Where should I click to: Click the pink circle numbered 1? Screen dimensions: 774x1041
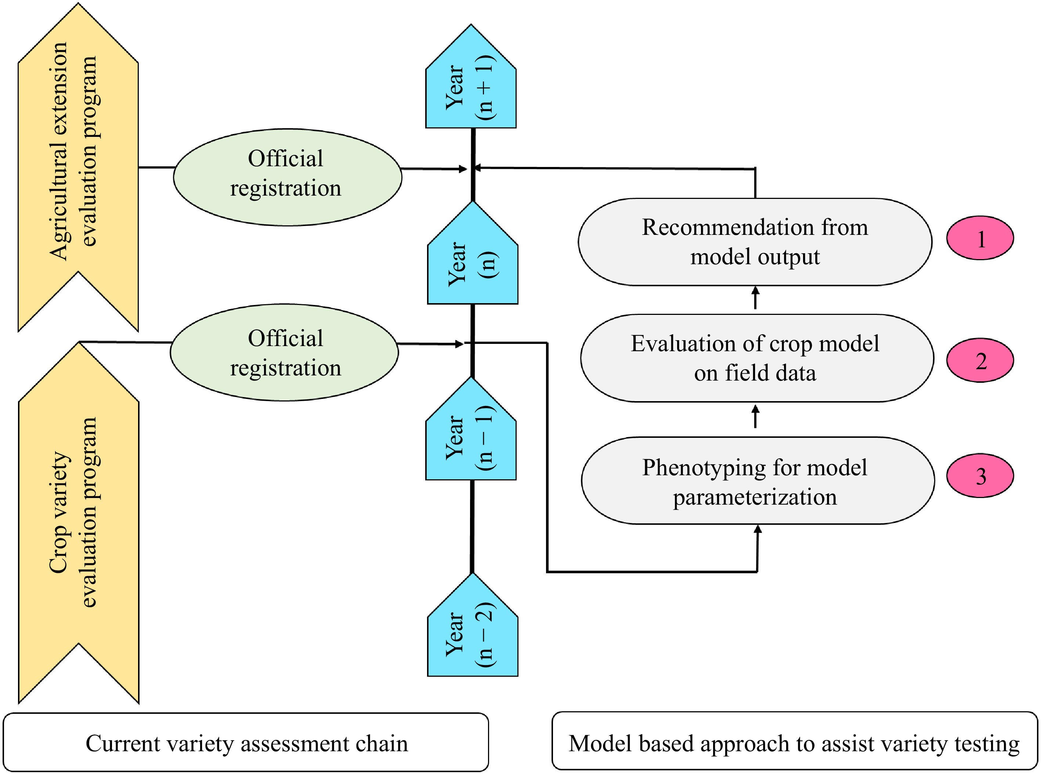coord(980,238)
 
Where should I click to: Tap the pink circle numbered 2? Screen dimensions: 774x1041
coord(980,360)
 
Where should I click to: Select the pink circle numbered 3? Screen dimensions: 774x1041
coord(980,476)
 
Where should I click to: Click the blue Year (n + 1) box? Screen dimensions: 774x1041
coord(471,84)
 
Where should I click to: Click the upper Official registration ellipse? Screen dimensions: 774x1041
coord(287,177)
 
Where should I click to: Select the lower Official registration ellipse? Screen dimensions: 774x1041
coord(284,352)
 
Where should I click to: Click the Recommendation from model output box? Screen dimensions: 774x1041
coord(755,242)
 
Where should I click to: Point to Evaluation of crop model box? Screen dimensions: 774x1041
coord(756,358)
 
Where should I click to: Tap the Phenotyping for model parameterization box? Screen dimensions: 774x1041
coord(758,481)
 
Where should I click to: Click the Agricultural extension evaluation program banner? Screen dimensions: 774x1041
coord(78,155)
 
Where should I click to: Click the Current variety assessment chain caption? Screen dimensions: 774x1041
coord(246,744)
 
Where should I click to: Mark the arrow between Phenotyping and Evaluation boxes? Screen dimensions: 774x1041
coord(755,417)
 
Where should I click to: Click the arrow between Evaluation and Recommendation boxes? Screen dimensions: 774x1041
coord(755,298)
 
